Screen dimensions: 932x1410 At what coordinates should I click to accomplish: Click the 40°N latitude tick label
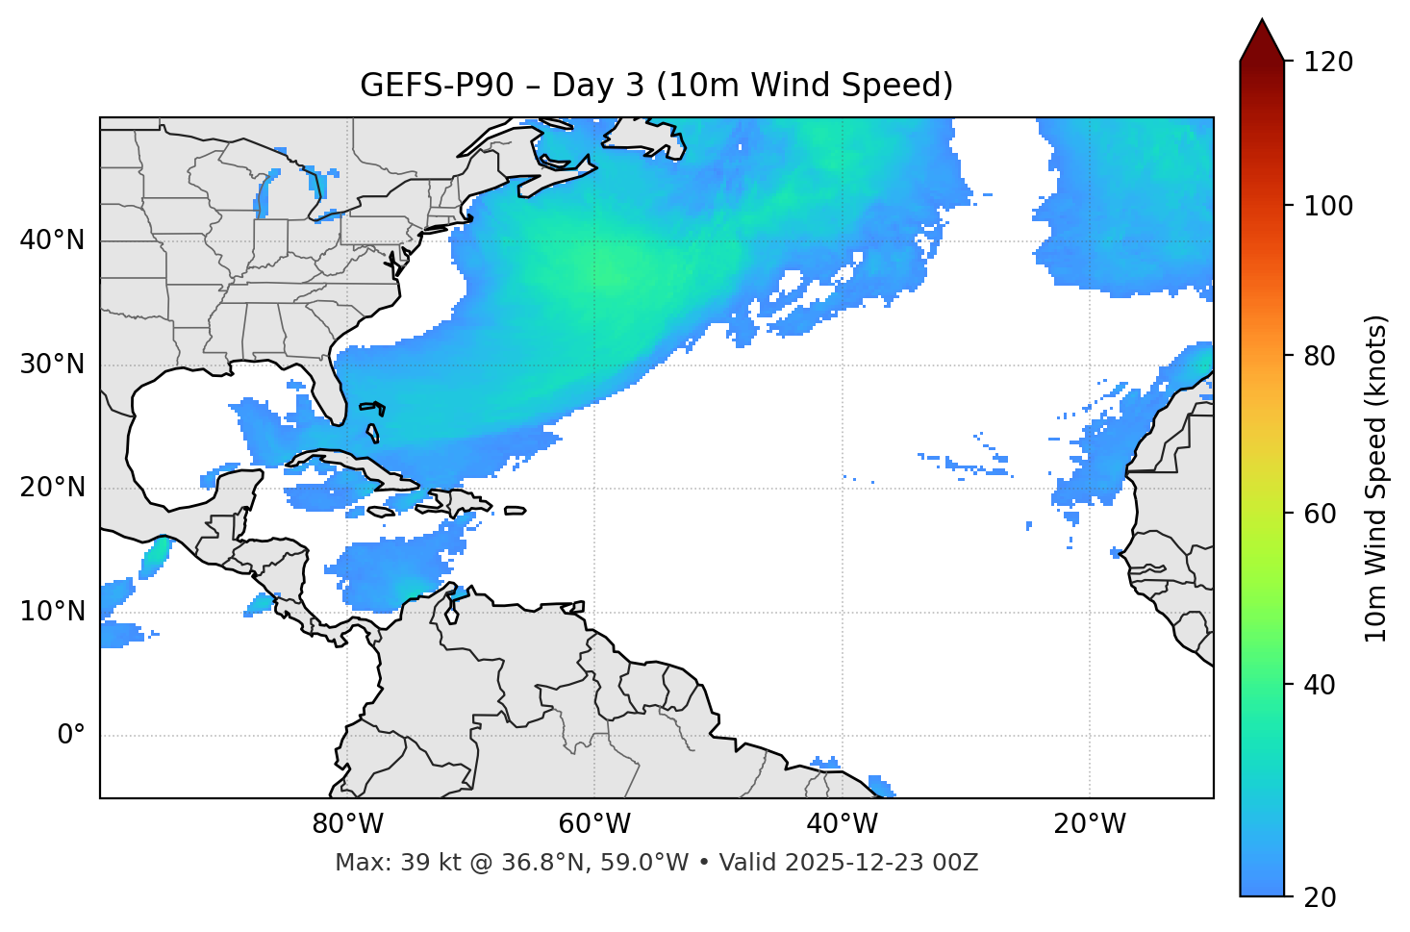[53, 240]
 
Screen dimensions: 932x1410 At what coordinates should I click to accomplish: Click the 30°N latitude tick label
[53, 365]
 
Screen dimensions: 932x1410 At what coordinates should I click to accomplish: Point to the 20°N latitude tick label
[53, 488]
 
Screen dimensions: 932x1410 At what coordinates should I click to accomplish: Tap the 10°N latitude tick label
[53, 612]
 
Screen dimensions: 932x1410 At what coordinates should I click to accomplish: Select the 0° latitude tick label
[71, 736]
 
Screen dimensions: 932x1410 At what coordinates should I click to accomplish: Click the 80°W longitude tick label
[347, 824]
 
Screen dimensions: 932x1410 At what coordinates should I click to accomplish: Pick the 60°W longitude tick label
[594, 824]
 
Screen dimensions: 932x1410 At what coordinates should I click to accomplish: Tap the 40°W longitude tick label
[842, 824]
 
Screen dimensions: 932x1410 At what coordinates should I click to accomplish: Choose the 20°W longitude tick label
[1089, 824]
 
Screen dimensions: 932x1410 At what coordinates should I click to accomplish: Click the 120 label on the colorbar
[1328, 63]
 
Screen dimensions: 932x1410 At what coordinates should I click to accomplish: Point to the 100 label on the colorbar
[1328, 206]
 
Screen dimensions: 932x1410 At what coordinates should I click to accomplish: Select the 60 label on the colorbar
[1322, 514]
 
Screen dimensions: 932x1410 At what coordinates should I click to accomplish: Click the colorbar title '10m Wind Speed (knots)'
[1376, 478]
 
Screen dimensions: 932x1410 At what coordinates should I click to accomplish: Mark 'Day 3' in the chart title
[597, 86]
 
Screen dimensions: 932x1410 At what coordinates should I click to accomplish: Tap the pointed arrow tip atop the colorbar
[1261, 24]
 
